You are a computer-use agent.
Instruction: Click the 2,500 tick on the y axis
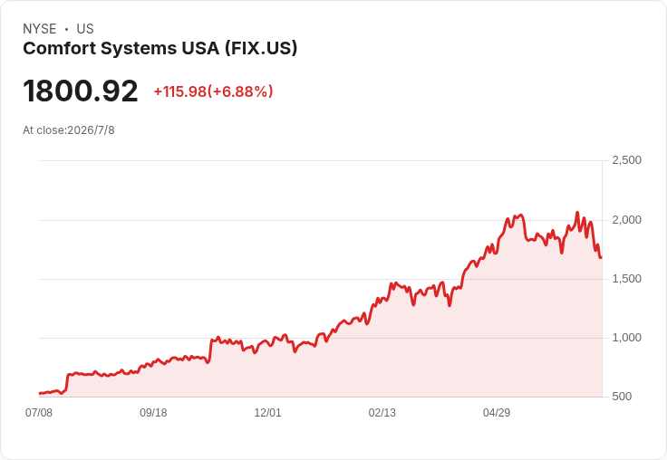click(x=626, y=160)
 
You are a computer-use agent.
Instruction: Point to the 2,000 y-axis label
click(x=626, y=220)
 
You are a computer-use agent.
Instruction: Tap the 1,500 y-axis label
click(x=626, y=279)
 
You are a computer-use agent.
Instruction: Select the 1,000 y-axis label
click(x=626, y=338)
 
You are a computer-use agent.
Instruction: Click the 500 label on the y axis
click(x=622, y=397)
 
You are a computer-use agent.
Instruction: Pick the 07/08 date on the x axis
click(x=39, y=412)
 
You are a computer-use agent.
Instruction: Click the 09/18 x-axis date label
click(x=153, y=412)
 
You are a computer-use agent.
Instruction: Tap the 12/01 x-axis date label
click(x=267, y=412)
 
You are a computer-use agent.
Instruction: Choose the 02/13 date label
click(x=382, y=412)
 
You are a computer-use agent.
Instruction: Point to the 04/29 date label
click(x=497, y=412)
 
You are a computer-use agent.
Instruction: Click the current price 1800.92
click(x=81, y=91)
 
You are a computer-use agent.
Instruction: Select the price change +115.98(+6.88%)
click(x=213, y=91)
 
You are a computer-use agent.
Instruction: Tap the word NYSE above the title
click(x=40, y=29)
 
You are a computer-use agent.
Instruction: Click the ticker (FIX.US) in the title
click(x=261, y=48)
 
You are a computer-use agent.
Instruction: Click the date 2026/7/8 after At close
click(x=91, y=130)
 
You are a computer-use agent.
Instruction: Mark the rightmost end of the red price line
click(x=601, y=258)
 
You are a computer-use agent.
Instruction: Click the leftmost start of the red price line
click(x=40, y=393)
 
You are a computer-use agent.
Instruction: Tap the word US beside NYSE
click(x=85, y=29)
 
